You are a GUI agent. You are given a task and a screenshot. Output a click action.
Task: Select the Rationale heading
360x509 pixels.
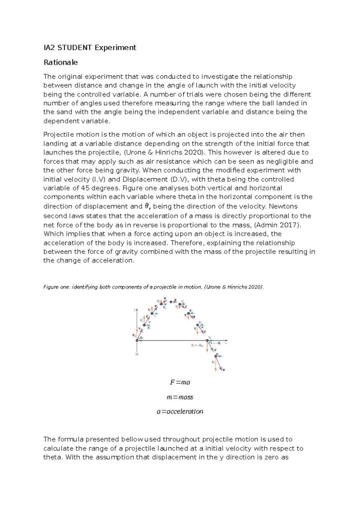point(61,62)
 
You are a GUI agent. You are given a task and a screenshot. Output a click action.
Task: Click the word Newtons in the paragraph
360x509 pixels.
point(283,206)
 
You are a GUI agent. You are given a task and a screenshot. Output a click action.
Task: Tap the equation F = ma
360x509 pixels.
point(180,382)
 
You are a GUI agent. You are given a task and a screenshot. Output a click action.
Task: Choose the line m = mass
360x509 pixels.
point(180,397)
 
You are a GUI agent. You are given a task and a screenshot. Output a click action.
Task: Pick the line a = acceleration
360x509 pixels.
point(180,411)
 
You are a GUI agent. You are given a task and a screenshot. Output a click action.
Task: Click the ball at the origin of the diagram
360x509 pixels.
point(137,340)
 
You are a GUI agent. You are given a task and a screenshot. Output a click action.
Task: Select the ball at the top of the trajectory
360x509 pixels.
point(171,302)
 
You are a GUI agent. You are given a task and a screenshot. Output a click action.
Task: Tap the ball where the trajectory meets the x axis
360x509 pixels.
point(207,340)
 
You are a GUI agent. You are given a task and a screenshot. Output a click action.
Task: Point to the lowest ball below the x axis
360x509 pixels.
point(216,356)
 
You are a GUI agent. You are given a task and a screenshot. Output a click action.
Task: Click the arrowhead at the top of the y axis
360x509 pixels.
point(137,309)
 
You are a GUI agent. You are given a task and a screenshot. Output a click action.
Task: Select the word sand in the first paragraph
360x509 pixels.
point(62,112)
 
